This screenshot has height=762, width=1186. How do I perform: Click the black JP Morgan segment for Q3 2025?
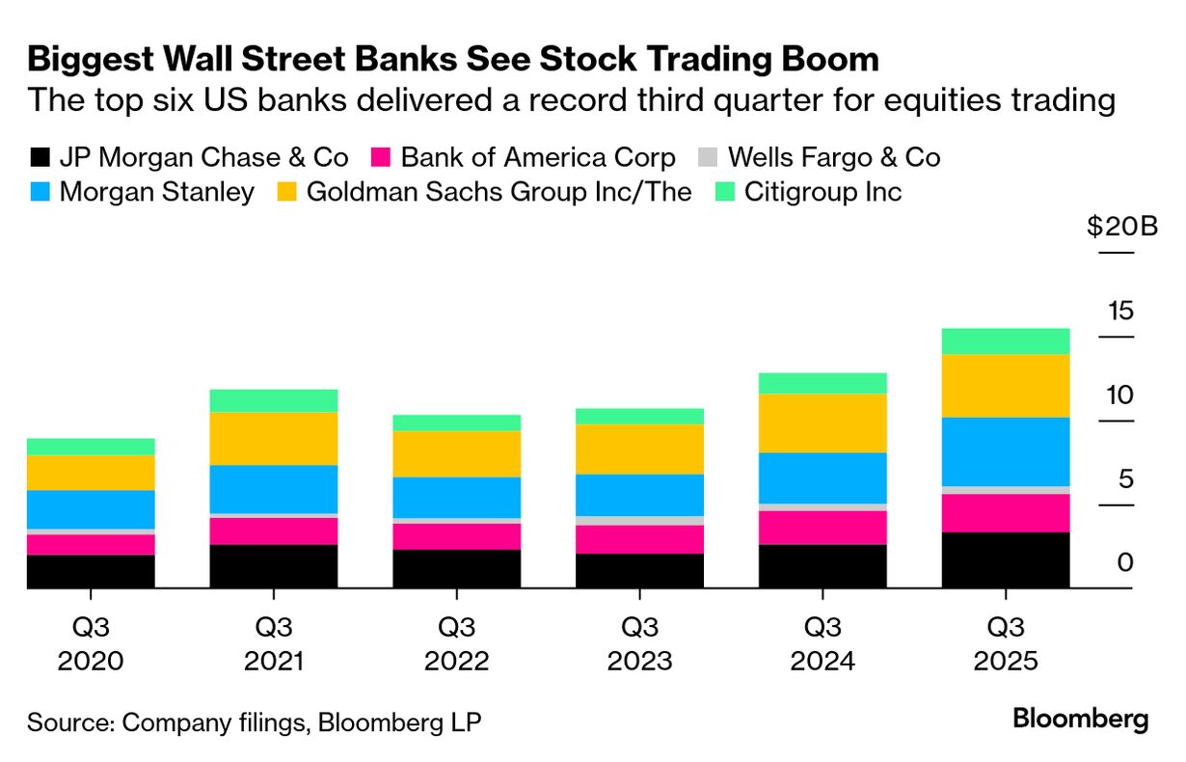tap(1006, 559)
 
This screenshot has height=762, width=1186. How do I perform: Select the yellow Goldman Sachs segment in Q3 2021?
tap(274, 438)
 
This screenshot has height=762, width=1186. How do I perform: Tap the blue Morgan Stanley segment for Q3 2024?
tap(822, 477)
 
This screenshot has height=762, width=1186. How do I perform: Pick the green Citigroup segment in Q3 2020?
tap(91, 446)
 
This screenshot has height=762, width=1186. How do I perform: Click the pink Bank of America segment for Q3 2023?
tap(639, 539)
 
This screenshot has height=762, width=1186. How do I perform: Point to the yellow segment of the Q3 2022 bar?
tap(456, 453)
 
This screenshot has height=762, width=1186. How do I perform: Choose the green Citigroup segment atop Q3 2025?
tap(1006, 340)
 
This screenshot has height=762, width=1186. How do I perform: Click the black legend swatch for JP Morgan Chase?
tap(40, 157)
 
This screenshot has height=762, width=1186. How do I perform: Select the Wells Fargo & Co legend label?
tap(833, 157)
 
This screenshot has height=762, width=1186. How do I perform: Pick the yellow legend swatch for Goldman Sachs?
tap(286, 191)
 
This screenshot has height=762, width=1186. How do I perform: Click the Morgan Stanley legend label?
tap(156, 191)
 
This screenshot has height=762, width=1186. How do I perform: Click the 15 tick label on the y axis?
tap(1120, 312)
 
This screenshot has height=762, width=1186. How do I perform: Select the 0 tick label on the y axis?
tap(1125, 563)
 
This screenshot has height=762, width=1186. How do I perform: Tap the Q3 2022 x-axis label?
tap(456, 644)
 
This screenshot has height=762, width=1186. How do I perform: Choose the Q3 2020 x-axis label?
tap(91, 644)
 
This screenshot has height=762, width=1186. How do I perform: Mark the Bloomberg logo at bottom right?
tap(1081, 719)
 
